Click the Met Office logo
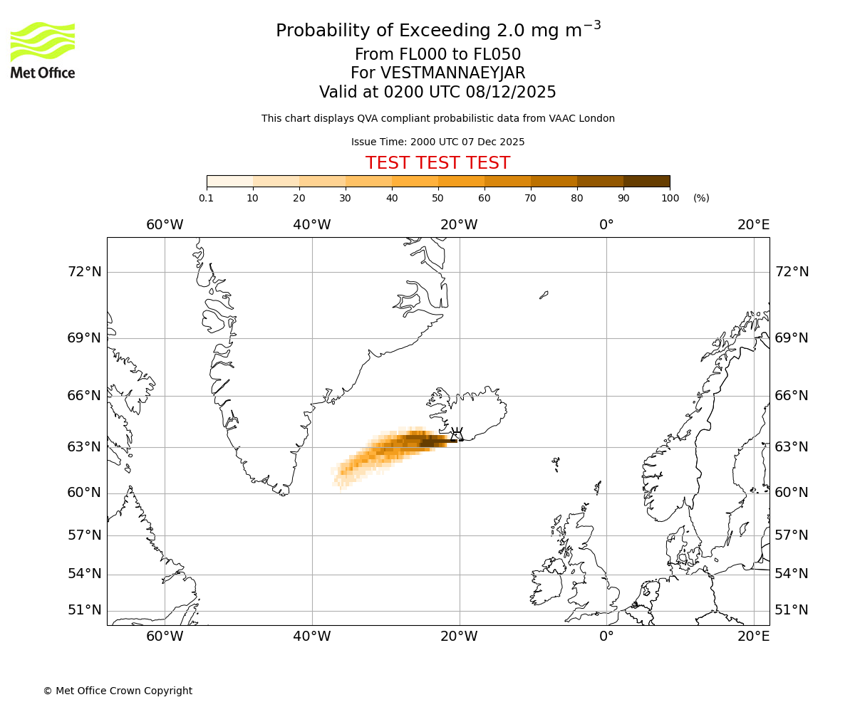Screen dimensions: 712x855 (43, 50)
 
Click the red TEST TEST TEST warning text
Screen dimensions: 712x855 (437, 163)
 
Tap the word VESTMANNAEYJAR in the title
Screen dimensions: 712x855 (453, 73)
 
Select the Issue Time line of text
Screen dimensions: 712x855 (437, 142)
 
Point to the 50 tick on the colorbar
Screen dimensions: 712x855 (437, 198)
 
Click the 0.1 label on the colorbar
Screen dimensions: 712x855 (207, 198)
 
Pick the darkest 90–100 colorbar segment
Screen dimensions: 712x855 (646, 181)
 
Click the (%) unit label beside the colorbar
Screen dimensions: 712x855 (701, 198)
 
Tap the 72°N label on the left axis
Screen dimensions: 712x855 (84, 272)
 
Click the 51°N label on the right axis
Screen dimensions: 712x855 (792, 610)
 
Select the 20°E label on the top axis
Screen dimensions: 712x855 (753, 225)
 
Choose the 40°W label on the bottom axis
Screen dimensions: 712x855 (312, 636)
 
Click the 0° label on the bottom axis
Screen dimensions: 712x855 (606, 636)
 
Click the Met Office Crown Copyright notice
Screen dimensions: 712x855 (118, 691)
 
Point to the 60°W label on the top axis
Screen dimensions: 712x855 (165, 225)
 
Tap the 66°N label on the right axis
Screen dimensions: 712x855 (792, 396)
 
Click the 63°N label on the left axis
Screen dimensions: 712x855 (84, 447)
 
